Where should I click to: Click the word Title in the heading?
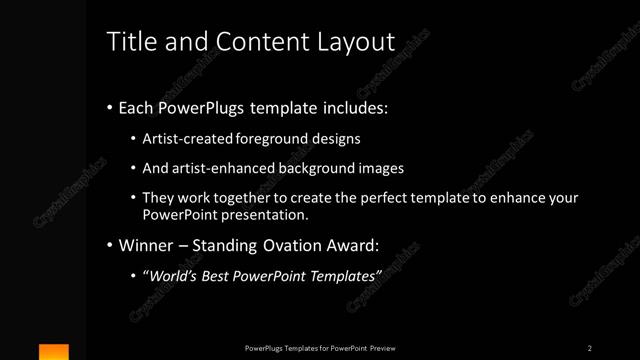coord(130,41)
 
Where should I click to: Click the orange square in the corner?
coord(54,352)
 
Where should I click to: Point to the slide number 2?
coord(590,348)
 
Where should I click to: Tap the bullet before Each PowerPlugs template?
coord(109,107)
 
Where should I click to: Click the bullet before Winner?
coord(109,244)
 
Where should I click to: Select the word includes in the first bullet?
coord(354,107)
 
